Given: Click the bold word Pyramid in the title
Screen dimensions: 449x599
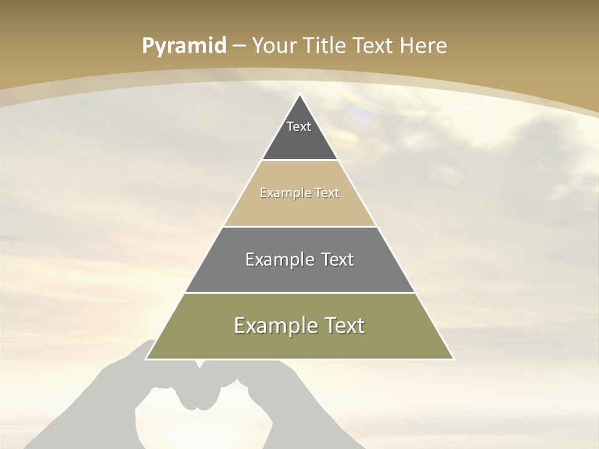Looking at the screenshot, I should coord(184,46).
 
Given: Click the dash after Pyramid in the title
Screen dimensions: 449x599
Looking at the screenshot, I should coord(238,46).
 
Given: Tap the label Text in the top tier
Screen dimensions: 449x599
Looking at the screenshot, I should coord(299,127).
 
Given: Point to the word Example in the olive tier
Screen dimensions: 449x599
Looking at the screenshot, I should coord(272,326).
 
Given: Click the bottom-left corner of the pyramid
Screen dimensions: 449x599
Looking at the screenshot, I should coord(146,359).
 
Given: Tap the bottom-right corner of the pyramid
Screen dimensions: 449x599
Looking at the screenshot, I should coord(454,359).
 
